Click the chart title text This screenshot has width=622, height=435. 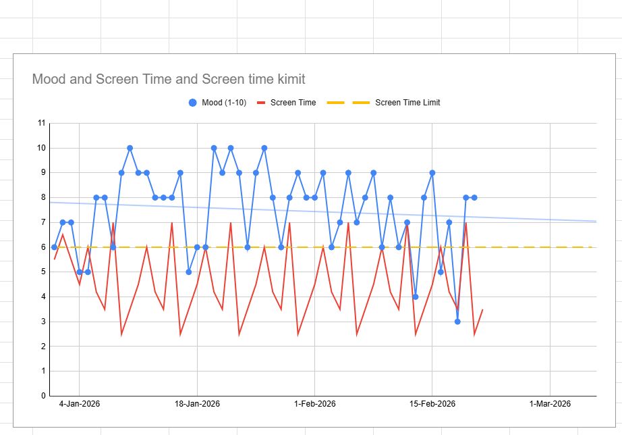169,80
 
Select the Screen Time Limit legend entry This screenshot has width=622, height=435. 407,103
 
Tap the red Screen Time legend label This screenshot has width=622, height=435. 293,103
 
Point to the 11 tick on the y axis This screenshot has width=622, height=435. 42,123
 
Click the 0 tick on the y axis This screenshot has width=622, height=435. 43,396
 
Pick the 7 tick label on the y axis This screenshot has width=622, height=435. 43,222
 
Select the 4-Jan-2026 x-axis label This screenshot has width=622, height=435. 80,404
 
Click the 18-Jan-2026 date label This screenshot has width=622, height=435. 197,404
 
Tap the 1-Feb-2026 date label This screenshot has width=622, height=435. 315,404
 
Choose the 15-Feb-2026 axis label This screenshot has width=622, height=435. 432,404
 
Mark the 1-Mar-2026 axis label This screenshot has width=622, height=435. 550,404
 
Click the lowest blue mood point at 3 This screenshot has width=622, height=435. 457,322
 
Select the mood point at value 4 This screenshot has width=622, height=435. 416,297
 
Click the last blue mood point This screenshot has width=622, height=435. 474,197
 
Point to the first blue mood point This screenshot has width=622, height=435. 55,247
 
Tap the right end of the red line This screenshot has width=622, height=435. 482,309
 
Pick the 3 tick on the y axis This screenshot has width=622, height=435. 43,322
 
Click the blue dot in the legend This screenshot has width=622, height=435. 193,103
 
